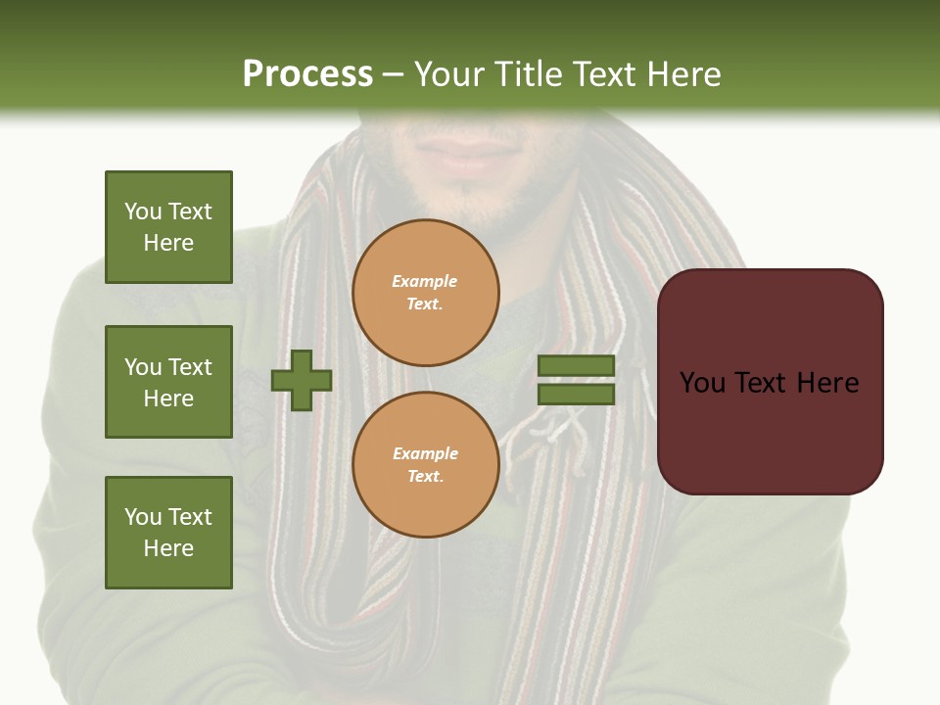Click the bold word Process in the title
tap(307, 74)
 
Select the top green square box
tap(168, 227)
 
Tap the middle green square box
tap(168, 382)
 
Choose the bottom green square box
tap(168, 533)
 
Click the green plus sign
tap(302, 380)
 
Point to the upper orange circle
tap(426, 292)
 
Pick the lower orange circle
tap(426, 464)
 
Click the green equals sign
tap(577, 380)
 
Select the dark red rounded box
tap(770, 382)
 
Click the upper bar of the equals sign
tap(577, 365)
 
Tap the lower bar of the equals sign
tap(577, 395)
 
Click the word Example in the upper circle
tap(425, 281)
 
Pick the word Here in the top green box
tap(168, 243)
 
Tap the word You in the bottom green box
tap(143, 517)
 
